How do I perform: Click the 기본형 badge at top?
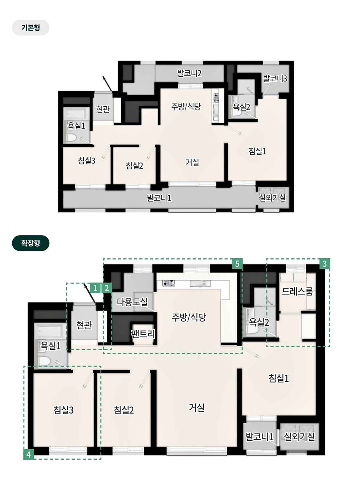(31, 27)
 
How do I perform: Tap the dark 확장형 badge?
(31, 243)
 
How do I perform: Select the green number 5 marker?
(237, 264)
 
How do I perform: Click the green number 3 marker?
(324, 264)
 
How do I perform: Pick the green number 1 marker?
(95, 289)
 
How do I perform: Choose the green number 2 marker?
(107, 289)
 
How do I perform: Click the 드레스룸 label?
(297, 291)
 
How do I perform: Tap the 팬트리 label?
(143, 334)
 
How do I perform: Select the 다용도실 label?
(132, 302)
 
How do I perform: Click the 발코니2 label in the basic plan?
(190, 73)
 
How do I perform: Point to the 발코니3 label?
(275, 78)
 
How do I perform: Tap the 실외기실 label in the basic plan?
(272, 198)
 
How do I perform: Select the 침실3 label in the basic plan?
(87, 160)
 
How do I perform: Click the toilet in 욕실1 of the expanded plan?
(43, 361)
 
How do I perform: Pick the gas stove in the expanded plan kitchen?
(169, 283)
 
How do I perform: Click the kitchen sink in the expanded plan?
(200, 283)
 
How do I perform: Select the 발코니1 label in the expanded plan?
(259, 437)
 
